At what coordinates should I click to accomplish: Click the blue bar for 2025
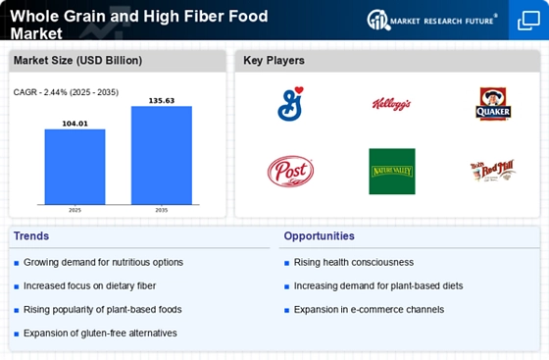click(x=75, y=167)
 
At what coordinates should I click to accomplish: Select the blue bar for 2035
click(x=162, y=155)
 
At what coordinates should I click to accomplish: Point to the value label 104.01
click(x=75, y=124)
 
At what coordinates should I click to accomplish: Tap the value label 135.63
click(x=162, y=101)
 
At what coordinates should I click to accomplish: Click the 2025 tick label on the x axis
click(x=75, y=210)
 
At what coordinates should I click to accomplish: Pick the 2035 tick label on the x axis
click(x=162, y=210)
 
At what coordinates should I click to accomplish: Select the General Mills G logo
click(x=290, y=104)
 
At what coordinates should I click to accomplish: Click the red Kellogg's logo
click(x=391, y=104)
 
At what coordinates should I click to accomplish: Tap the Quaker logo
click(x=493, y=104)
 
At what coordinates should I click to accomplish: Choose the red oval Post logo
click(x=290, y=172)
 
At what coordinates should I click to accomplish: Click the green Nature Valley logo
click(x=392, y=172)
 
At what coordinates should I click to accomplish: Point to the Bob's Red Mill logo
click(x=493, y=171)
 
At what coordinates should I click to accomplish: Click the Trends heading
click(x=31, y=236)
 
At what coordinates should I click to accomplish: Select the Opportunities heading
click(x=319, y=236)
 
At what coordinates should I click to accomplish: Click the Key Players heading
click(x=274, y=61)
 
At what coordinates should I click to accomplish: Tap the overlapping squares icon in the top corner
click(x=528, y=21)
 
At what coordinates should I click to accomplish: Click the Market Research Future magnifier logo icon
click(x=378, y=20)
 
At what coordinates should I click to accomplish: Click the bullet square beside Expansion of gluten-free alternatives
click(x=16, y=334)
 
